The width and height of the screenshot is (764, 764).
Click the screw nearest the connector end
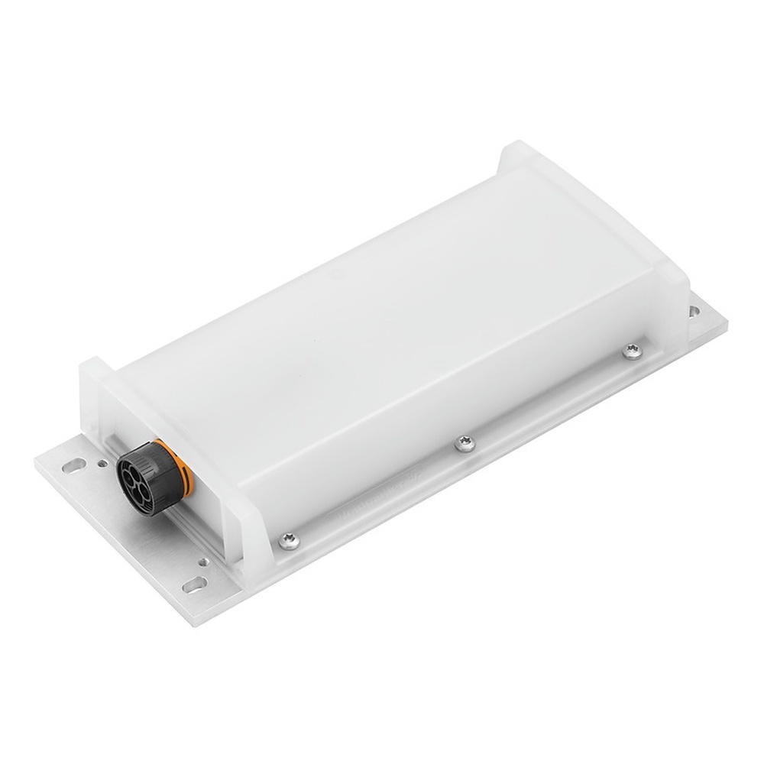(x=290, y=540)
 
